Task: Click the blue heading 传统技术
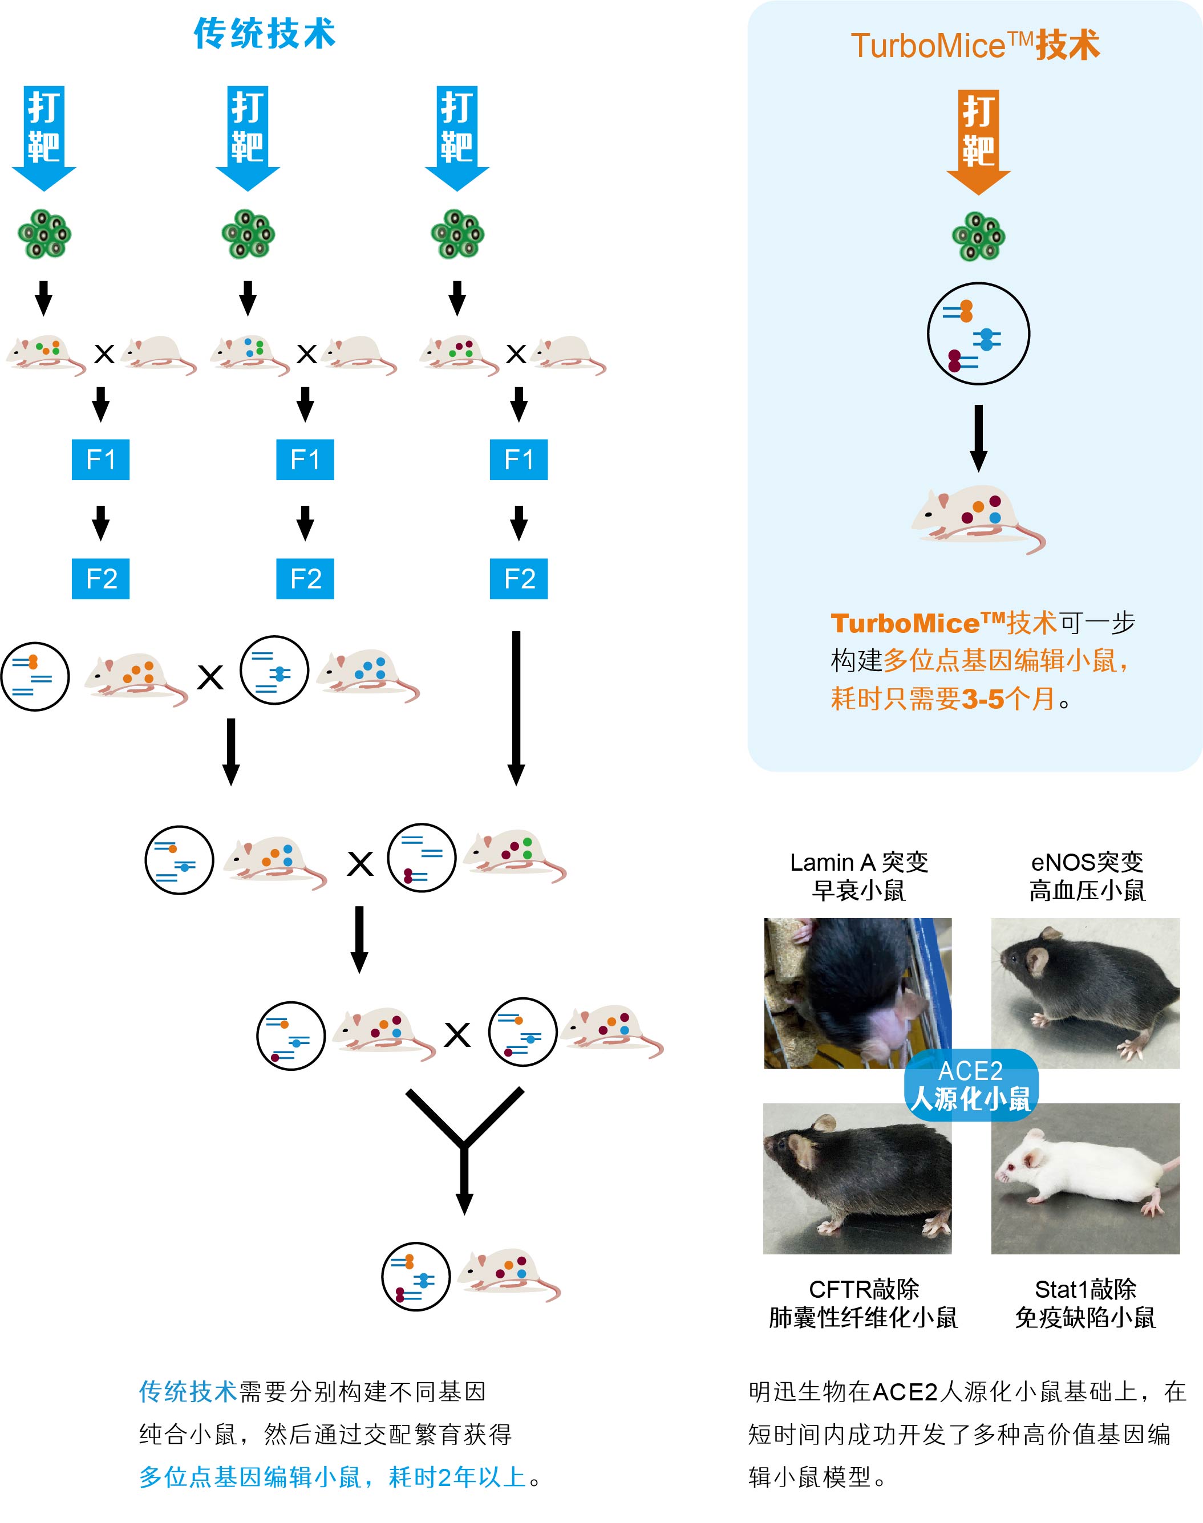[264, 34]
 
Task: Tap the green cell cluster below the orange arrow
[978, 237]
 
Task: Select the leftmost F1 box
[101, 459]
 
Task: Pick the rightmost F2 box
[519, 578]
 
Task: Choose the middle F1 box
[305, 459]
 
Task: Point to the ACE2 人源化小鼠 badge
[971, 1085]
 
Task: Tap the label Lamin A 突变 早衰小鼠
[858, 876]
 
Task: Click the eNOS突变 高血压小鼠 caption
[1087, 876]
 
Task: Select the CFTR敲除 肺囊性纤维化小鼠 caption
[864, 1303]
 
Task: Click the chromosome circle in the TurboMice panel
[978, 334]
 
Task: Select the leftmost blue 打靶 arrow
[44, 137]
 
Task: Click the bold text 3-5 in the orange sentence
[983, 699]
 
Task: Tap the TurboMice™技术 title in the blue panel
[975, 46]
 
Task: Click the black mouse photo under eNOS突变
[1085, 993]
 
